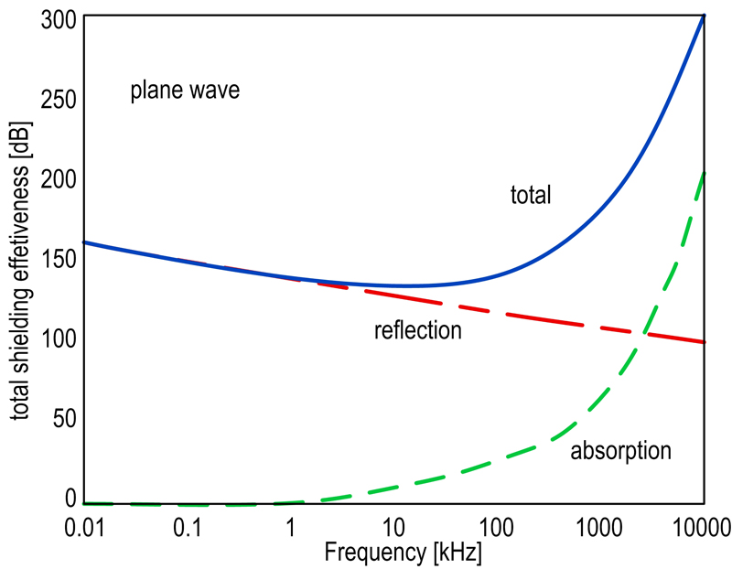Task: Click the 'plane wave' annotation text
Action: (x=184, y=91)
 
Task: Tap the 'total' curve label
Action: (x=531, y=194)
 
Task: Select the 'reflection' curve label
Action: (x=418, y=330)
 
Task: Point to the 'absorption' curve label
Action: (x=621, y=450)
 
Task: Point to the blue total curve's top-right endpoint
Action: (x=704, y=16)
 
